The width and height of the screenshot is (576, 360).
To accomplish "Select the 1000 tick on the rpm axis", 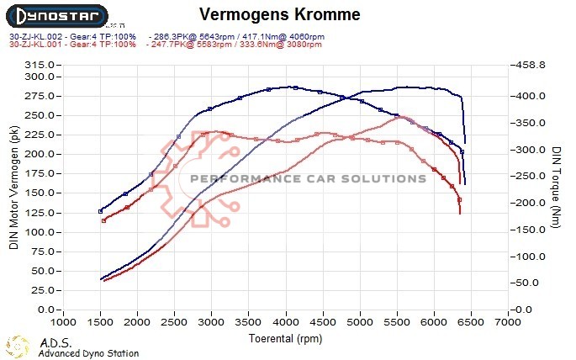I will click(x=63, y=322).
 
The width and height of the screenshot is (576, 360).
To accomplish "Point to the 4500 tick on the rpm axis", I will click(x=323, y=322).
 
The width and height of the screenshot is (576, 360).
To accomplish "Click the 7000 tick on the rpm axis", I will click(x=508, y=322).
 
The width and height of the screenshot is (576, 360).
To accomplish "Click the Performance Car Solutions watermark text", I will click(x=309, y=178).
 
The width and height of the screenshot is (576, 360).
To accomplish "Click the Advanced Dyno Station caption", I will click(x=88, y=353).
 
